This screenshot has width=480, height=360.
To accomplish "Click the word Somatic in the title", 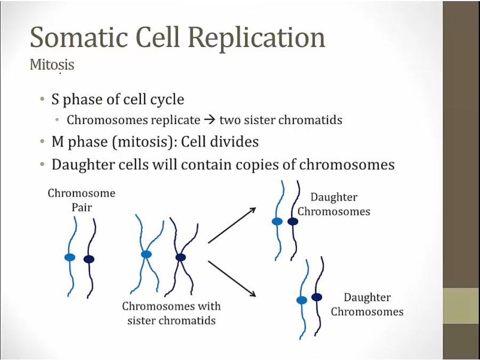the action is [79, 37].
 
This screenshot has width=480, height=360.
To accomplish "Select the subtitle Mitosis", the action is [52, 65].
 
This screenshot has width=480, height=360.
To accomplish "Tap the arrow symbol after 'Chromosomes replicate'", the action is [210, 119].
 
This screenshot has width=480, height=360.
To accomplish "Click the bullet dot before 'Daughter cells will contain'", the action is [42, 164].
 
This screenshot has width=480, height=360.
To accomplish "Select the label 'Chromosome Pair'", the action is [82, 200].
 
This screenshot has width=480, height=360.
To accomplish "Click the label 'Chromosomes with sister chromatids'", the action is [171, 313].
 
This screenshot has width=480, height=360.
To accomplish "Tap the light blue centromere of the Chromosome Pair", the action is [70, 257].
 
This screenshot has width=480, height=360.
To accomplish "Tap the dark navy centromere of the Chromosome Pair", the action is [89, 259].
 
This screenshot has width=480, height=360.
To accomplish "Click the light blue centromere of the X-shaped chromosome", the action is [146, 254].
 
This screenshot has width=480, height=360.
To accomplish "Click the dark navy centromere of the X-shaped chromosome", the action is [181, 257].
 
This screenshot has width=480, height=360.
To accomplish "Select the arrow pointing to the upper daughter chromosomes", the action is [232, 225].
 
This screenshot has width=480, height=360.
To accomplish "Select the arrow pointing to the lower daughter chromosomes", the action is [232, 278].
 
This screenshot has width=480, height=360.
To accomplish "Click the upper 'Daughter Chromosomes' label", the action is [334, 204].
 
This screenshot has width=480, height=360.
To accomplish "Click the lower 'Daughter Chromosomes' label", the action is [367, 305].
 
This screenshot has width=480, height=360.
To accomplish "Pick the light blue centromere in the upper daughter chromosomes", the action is [277, 221].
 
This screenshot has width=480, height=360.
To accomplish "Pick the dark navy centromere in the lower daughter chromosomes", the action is [317, 297].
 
